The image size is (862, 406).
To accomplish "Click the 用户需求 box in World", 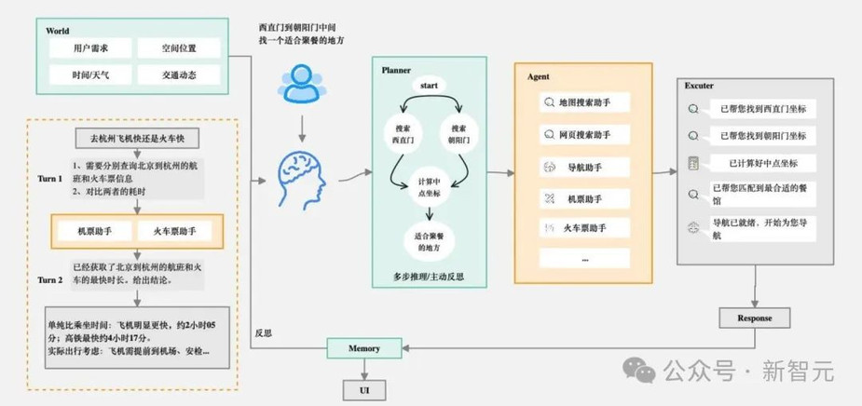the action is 90,47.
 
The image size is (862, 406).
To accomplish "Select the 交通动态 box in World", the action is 179,74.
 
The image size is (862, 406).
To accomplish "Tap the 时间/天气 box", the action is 90,74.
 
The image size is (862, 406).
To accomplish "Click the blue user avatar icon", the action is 301,84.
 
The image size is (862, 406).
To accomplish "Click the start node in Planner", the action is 429,86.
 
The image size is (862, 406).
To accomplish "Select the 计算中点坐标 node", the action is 429,188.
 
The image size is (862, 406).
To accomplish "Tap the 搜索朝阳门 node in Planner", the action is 459,133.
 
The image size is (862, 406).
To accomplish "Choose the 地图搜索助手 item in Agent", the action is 583,102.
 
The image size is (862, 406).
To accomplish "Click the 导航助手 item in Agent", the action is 583,167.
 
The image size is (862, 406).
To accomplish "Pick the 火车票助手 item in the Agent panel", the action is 583,227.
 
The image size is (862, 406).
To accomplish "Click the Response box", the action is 754,318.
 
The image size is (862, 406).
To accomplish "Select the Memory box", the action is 364,348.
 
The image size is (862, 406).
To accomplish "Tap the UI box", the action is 364,389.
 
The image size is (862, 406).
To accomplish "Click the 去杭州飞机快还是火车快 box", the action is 137,138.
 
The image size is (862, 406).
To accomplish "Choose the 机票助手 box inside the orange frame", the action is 95,231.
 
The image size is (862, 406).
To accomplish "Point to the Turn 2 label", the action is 50,280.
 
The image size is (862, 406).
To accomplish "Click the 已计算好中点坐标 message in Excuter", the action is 763,163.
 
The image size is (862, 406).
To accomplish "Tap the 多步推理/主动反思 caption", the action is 429,277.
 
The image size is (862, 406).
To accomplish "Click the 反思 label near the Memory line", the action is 264,333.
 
